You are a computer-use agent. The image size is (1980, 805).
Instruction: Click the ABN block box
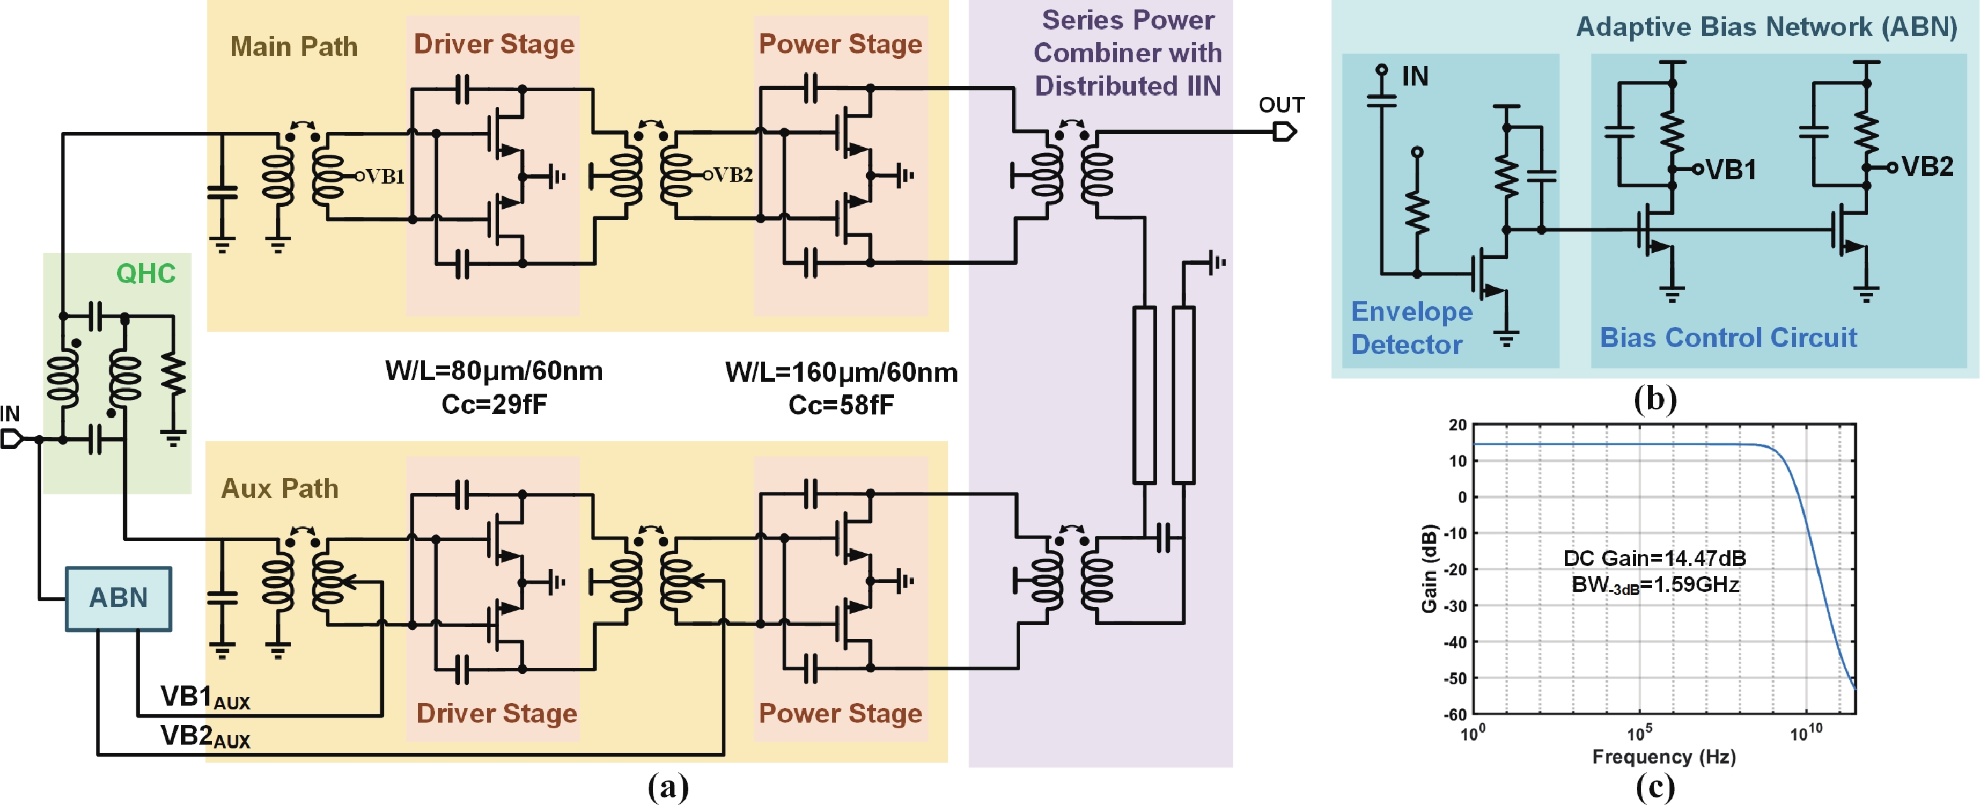118,598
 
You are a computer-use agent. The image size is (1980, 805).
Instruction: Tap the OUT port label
1280,105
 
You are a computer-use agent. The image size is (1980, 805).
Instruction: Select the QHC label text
145,274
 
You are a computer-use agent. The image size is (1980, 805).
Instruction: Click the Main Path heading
294,47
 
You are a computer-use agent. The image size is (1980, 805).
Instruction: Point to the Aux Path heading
279,489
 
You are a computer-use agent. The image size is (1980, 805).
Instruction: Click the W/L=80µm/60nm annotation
493,371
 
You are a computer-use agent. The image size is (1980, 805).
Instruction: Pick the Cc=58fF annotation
841,405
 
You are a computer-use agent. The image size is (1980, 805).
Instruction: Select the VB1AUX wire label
204,697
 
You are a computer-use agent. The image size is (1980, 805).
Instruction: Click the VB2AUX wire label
204,736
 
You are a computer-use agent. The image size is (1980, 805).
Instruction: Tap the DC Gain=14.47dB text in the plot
1654,558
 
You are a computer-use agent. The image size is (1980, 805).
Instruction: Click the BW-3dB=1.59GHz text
1654,585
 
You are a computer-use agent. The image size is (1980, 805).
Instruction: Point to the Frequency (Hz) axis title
1663,757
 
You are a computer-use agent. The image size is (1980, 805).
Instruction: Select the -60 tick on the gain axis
1455,714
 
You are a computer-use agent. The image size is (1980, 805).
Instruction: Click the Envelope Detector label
1411,328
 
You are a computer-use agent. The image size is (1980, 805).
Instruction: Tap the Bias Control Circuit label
1728,338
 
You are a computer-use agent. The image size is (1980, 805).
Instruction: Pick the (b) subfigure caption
1654,399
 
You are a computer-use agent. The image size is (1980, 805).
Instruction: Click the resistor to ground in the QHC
173,377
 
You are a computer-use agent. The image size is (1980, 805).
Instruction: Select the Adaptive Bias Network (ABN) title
1766,27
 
